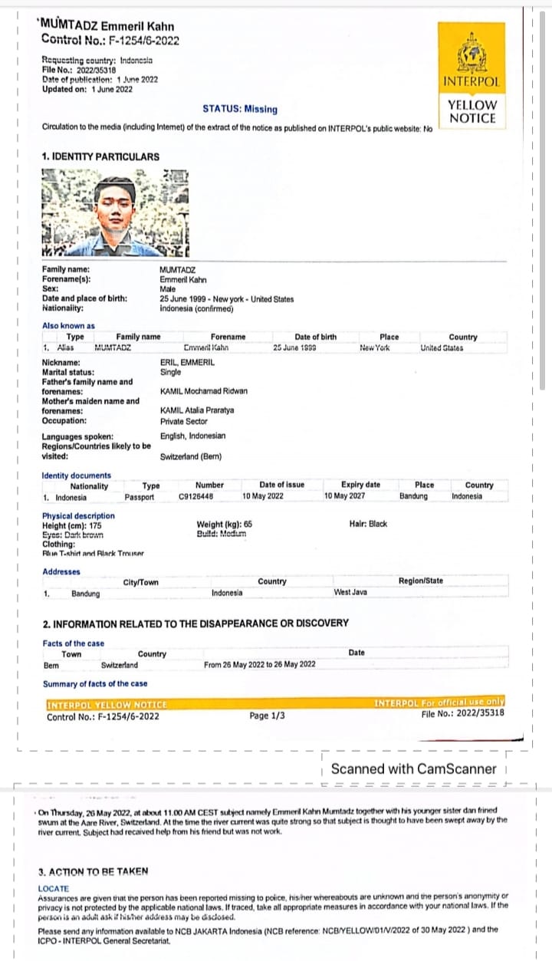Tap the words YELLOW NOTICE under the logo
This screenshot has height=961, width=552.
[x=472, y=112]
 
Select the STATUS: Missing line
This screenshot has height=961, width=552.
[x=240, y=110]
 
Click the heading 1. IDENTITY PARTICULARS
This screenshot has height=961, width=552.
[x=100, y=156]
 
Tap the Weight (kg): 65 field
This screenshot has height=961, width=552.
[x=224, y=525]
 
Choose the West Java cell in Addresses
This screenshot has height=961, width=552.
[x=350, y=593]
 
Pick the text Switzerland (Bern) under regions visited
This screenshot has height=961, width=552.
[x=191, y=456]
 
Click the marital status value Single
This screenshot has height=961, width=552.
[x=170, y=372]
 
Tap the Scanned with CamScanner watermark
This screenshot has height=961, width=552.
[x=413, y=768]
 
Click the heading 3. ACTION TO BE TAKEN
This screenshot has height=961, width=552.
[x=93, y=872]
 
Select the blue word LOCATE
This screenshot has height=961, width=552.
[x=53, y=889]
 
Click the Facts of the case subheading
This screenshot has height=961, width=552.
[x=74, y=643]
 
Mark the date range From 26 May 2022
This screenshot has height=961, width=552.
[x=259, y=665]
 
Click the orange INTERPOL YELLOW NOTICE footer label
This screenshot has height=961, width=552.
[x=107, y=704]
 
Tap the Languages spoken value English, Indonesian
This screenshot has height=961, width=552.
[x=192, y=436]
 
